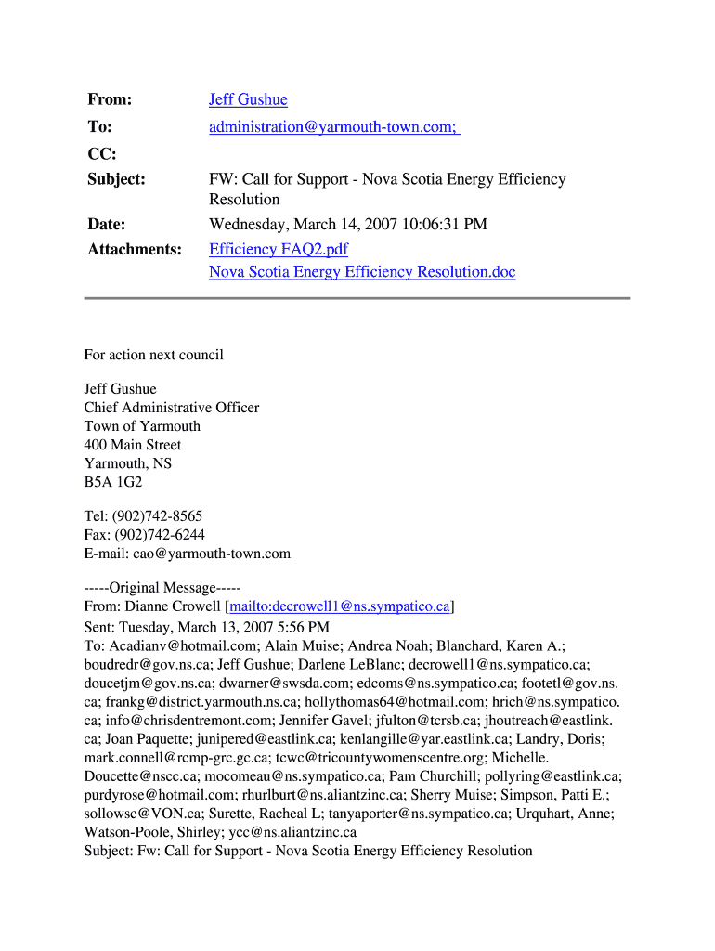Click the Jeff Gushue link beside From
click(248, 99)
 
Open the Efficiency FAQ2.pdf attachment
click(279, 249)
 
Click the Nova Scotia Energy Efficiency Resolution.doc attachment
click(362, 272)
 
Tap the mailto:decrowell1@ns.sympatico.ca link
click(340, 606)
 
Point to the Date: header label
click(107, 224)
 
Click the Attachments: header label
click(135, 249)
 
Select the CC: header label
click(101, 152)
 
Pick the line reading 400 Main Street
click(133, 445)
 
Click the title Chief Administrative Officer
click(172, 408)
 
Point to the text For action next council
click(154, 355)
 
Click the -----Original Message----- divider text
click(162, 588)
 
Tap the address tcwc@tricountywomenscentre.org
click(388, 757)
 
